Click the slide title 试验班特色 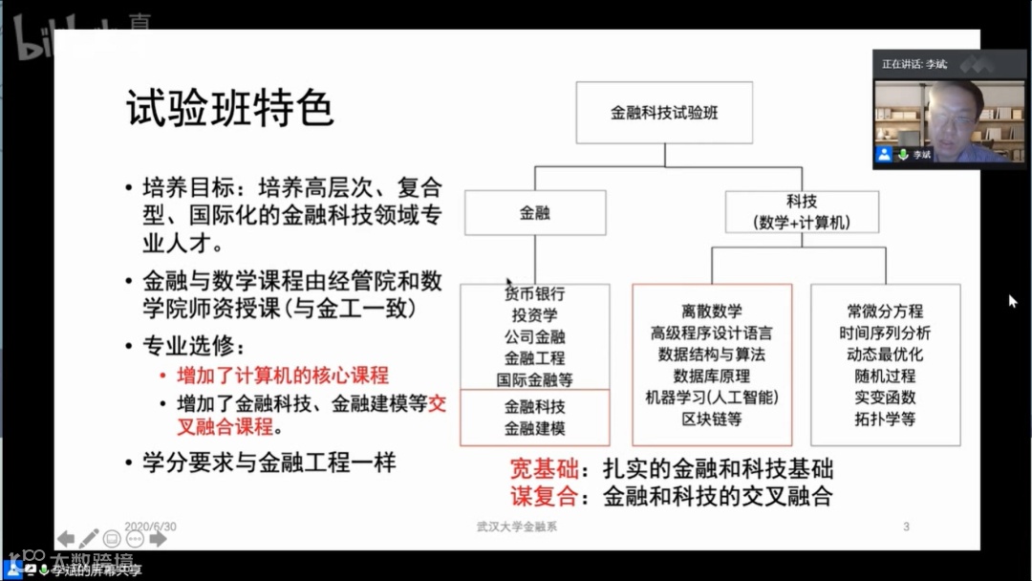tap(230, 109)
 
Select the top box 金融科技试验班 tap(664, 112)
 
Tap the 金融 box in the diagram tap(535, 212)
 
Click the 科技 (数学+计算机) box tap(802, 212)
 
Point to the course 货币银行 tap(535, 293)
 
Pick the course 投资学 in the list tap(535, 314)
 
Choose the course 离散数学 tap(712, 311)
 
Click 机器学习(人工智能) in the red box tap(712, 397)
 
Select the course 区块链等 tap(712, 419)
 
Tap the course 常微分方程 tap(885, 311)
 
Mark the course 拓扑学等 tap(885, 419)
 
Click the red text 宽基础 tap(545, 469)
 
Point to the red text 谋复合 tap(545, 496)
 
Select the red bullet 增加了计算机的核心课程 tap(283, 376)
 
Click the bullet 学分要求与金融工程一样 tap(269, 463)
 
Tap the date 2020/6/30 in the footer tap(151, 526)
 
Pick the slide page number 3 tap(906, 526)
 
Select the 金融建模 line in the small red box tap(535, 429)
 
